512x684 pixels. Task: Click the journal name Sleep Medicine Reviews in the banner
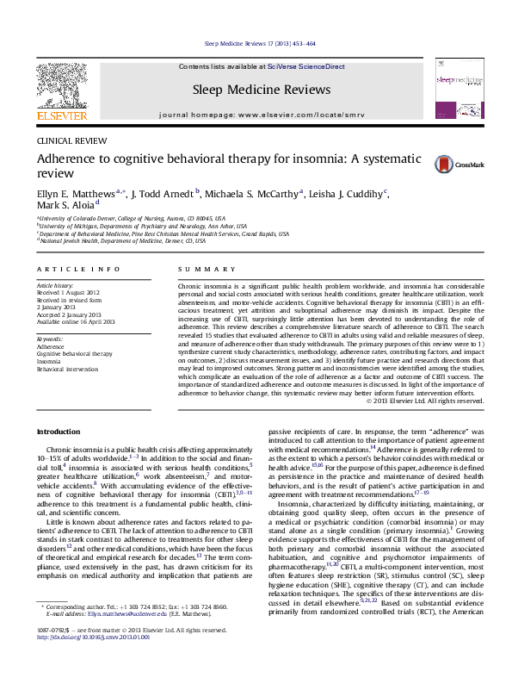coord(256,89)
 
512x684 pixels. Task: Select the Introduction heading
coord(58,430)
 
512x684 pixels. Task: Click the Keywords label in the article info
coord(50,339)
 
